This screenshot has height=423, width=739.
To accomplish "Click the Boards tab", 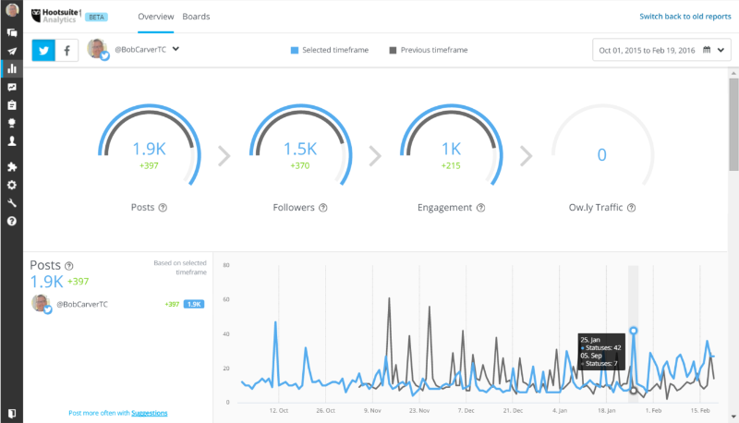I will (196, 17).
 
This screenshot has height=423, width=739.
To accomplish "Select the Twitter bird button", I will (43, 51).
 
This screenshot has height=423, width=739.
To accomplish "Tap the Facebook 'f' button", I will (67, 51).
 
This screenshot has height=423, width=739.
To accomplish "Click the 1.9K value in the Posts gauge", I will (149, 150).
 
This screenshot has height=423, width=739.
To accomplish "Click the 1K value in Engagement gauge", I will (451, 150).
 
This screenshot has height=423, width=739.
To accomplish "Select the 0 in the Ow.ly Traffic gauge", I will (601, 154).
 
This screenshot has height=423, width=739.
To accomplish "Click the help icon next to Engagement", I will (480, 208).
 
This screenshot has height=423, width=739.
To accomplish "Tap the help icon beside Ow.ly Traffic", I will (631, 208).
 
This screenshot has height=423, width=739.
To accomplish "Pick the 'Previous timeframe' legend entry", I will (430, 50).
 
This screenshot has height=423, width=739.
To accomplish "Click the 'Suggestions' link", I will (149, 413).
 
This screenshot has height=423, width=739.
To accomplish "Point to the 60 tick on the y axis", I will (225, 299).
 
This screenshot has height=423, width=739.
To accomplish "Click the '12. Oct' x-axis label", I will (280, 410).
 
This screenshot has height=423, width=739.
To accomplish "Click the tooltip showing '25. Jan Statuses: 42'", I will (600, 351).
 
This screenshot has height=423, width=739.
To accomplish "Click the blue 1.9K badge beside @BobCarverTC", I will (194, 304).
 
